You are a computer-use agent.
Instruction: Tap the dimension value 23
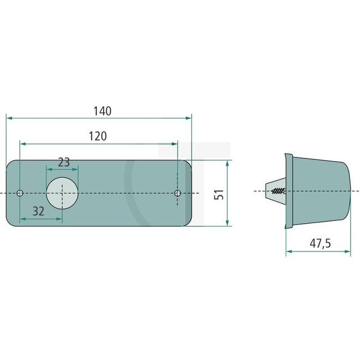pyautogui.click(x=64, y=162)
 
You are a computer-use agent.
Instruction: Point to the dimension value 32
pyautogui.click(x=38, y=210)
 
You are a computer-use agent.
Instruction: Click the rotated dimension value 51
pyautogui.click(x=219, y=194)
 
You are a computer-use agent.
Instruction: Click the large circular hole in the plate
pyautogui.click(x=62, y=193)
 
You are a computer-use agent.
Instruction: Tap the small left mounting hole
pyautogui.click(x=20, y=193)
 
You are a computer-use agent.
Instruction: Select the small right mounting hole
pyautogui.click(x=178, y=193)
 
